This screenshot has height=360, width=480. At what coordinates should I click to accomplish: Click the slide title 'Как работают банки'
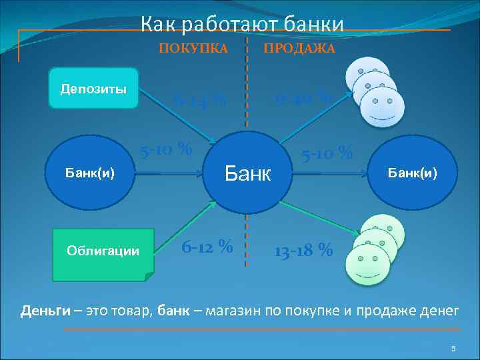(242, 25)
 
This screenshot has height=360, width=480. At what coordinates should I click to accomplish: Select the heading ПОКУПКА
(193, 49)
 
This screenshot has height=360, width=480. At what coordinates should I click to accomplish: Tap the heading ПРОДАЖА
(299, 49)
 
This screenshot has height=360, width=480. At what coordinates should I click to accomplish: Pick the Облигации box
(103, 251)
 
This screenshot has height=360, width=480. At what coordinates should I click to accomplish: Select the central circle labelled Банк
(247, 175)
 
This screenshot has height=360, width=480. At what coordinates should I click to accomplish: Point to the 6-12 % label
(207, 246)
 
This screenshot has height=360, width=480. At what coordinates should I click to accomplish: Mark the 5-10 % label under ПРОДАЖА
(327, 153)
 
